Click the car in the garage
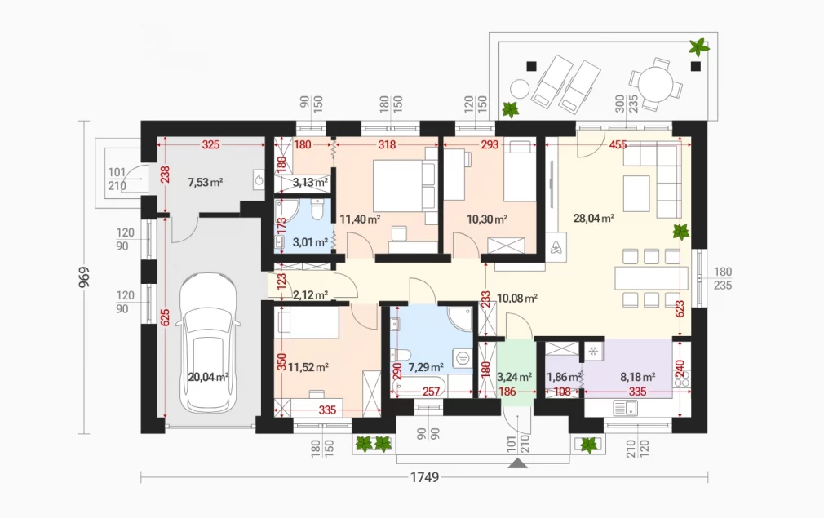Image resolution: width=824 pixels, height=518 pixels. click(207, 343)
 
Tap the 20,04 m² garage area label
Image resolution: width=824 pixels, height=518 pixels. click(208, 377)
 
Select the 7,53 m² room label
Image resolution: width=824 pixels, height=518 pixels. click(206, 182)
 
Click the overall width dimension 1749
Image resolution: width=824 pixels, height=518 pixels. click(424, 477)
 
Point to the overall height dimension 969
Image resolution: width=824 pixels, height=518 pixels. click(84, 277)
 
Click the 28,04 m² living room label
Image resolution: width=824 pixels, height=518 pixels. click(594, 218)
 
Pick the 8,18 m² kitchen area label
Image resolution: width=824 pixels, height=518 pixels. click(637, 377)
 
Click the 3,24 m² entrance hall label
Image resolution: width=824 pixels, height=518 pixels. click(514, 377)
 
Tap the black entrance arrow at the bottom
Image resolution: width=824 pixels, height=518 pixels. click(518, 463)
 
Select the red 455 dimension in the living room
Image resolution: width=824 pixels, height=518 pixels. click(618, 144)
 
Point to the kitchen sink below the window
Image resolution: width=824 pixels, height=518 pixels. click(626, 408)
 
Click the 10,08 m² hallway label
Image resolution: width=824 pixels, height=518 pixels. click(516, 299)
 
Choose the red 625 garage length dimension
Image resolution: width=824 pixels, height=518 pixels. click(165, 318)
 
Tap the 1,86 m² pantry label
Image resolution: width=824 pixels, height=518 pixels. click(564, 377)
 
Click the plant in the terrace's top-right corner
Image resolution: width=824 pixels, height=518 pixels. click(698, 47)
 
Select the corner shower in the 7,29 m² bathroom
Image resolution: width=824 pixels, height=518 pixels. click(462, 318)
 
